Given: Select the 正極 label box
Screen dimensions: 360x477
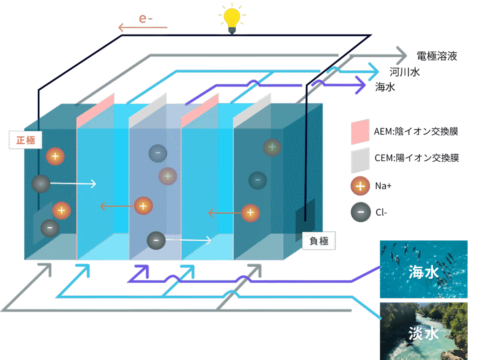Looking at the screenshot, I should [x=26, y=140].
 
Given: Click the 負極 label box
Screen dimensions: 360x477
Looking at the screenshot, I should [x=319, y=240].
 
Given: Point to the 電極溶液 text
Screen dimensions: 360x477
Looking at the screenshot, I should [x=436, y=57].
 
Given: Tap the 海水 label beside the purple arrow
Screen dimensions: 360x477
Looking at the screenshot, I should [x=385, y=87].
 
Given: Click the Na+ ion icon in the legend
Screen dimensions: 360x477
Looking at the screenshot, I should [x=360, y=186].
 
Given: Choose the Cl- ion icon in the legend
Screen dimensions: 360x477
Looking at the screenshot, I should [x=360, y=212].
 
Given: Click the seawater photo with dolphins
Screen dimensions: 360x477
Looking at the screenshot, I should [x=423, y=269].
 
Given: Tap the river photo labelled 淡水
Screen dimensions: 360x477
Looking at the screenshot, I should [x=423, y=331].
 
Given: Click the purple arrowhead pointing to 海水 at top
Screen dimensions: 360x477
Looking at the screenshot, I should [x=361, y=85].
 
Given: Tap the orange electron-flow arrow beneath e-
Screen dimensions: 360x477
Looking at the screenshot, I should [x=143, y=28].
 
